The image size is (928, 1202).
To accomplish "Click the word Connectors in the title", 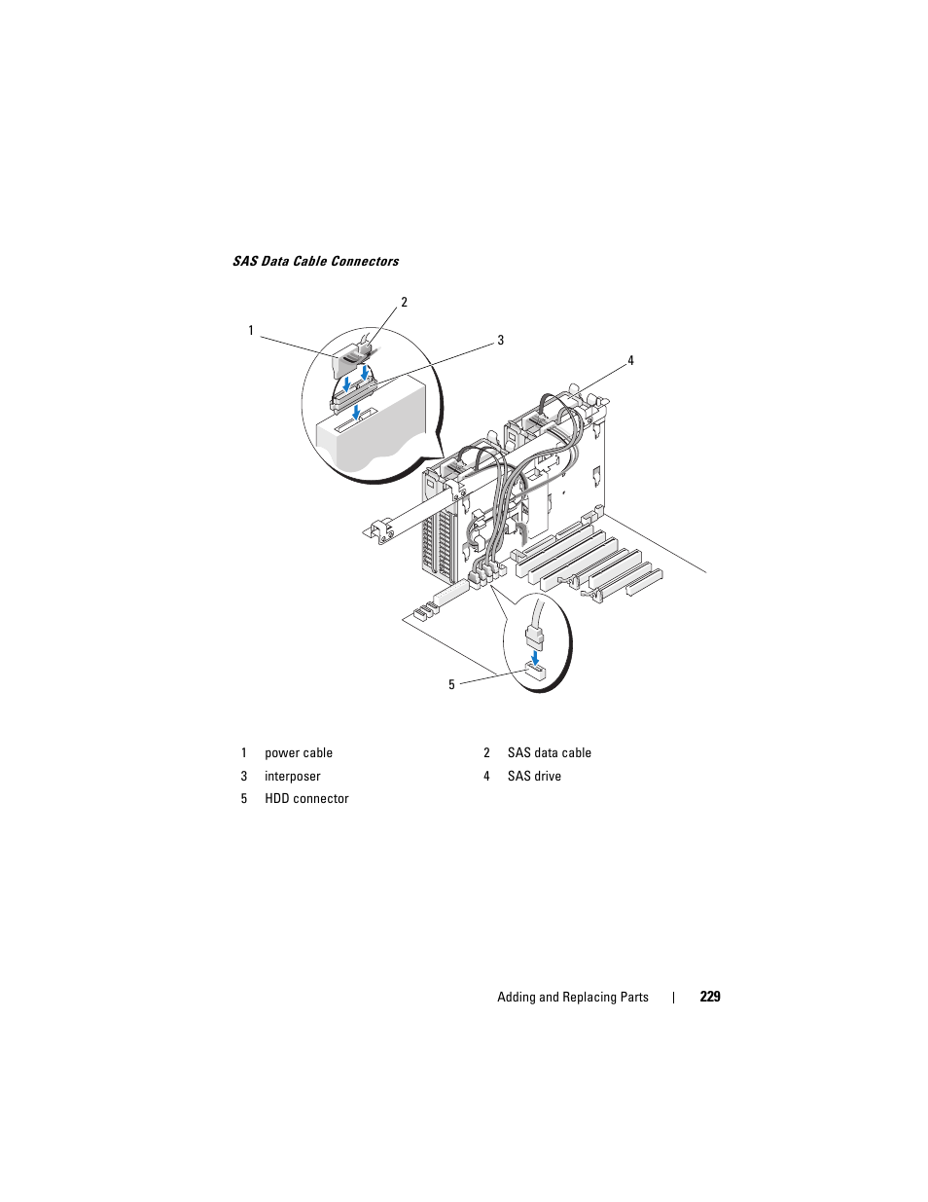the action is click(366, 261).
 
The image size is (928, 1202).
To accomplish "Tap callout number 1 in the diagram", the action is click(251, 330).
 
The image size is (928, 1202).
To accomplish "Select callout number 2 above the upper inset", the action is click(404, 302).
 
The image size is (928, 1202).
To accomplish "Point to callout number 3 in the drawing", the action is click(500, 341).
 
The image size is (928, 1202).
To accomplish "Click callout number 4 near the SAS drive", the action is click(630, 361).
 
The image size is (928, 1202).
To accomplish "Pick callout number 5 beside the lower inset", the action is click(451, 685).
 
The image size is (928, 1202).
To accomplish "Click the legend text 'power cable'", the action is click(299, 753).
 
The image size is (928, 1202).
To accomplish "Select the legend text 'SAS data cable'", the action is click(550, 753).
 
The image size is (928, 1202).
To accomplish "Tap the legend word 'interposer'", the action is click(293, 776).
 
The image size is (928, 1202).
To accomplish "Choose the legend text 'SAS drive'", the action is click(534, 776).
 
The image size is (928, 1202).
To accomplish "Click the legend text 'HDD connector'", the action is click(306, 799).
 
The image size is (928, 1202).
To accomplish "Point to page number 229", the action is click(710, 997).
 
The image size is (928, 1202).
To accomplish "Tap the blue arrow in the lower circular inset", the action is click(534, 657).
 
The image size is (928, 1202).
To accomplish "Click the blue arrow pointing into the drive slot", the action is click(358, 412).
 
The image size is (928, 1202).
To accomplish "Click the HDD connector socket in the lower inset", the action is click(535, 674).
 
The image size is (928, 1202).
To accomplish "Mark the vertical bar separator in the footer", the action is click(673, 997).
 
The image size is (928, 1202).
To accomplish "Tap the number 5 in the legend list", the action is click(244, 799).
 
